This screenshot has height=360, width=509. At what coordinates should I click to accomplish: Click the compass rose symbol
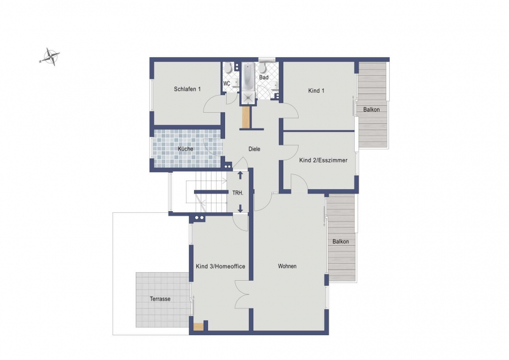coord(50,57)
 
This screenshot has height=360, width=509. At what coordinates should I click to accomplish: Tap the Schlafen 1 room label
coord(187,89)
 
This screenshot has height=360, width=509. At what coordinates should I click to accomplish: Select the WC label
coord(227,84)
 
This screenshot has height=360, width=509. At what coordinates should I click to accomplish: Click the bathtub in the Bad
coord(248,77)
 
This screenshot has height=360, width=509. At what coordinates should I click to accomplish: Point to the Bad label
coord(264,78)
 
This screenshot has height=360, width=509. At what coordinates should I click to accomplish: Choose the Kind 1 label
coord(316,91)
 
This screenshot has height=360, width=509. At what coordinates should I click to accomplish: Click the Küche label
coord(186,149)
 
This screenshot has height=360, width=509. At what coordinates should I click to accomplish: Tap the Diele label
coord(254,149)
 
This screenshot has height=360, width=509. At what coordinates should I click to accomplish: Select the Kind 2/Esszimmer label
coord(323,160)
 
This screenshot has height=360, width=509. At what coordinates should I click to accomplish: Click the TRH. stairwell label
coord(238,193)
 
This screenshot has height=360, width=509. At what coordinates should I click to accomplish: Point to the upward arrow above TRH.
coord(240,175)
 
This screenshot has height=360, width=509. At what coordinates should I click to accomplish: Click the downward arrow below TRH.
coord(240,208)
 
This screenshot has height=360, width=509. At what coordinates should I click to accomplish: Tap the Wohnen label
coord(287,266)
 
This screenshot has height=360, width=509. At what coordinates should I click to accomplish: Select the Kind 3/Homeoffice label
coord(221,267)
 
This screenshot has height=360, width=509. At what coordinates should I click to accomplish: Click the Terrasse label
coord(160,299)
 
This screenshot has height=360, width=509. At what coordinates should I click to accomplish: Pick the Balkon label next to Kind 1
coord(372,109)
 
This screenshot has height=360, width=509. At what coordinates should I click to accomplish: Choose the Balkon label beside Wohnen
coord(340,241)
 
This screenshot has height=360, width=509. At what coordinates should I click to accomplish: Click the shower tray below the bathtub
coord(248,98)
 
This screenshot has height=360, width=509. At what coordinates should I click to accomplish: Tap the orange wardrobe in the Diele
coord(247,117)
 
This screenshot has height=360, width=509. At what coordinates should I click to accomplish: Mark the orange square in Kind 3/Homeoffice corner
coord(198,327)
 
